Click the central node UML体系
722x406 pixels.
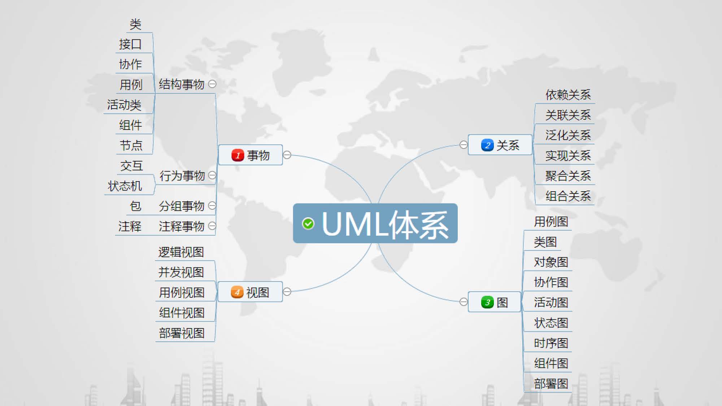click(x=384, y=224)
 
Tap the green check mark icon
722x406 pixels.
click(x=308, y=224)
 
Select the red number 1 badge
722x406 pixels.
click(x=238, y=155)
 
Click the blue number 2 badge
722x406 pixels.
click(x=487, y=145)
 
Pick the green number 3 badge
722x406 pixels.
click(x=487, y=302)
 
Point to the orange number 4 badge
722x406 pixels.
click(x=237, y=292)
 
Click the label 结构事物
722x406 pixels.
click(x=181, y=84)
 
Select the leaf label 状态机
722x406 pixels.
click(x=125, y=186)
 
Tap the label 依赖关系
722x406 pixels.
click(x=568, y=95)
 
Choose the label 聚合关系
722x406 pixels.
click(x=568, y=176)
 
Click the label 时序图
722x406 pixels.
click(x=551, y=343)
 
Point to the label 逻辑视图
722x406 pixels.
click(x=181, y=252)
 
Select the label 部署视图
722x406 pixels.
click(x=182, y=333)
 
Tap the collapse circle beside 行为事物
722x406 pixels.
click(x=212, y=175)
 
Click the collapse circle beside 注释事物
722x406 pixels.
click(x=212, y=226)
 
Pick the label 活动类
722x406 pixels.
click(x=124, y=105)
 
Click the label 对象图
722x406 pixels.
click(x=551, y=262)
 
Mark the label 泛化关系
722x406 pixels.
click(x=568, y=135)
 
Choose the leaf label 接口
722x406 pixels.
click(x=130, y=44)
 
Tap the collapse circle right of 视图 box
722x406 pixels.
click(x=287, y=292)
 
